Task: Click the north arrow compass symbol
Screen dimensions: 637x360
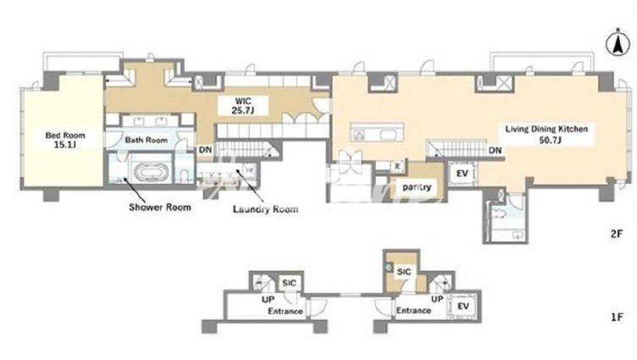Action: click(618, 44)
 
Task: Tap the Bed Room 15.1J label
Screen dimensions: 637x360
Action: click(65, 140)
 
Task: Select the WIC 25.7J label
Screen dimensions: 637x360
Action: click(243, 105)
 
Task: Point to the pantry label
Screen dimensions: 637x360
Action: click(417, 187)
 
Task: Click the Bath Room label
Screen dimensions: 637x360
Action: click(147, 140)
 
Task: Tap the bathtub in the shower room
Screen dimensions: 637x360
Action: click(148, 172)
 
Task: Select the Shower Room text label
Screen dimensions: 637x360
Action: click(159, 208)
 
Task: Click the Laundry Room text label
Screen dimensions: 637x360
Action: click(265, 209)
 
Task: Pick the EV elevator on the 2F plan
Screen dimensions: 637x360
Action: click(462, 174)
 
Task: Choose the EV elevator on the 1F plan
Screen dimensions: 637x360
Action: click(463, 306)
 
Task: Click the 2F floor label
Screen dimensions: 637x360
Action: click(617, 234)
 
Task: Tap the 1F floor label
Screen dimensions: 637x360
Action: click(617, 317)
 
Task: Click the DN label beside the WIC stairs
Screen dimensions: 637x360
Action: click(206, 150)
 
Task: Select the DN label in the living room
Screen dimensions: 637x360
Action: click(495, 151)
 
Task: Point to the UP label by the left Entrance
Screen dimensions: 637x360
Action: click(269, 300)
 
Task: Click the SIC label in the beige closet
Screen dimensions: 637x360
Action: click(404, 272)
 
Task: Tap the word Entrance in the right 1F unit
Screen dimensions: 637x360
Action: click(413, 310)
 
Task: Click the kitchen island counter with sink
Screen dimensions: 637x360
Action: click(378, 132)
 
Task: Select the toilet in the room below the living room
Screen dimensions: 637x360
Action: click(499, 213)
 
